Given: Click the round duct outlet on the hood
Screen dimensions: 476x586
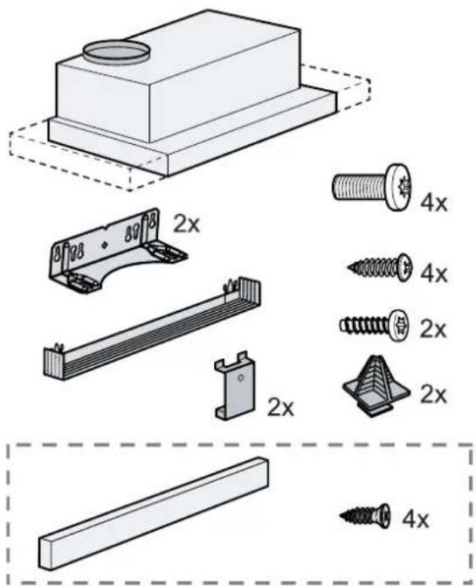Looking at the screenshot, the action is click(116, 52).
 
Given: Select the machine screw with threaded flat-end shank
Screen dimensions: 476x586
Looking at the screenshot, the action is click(371, 187).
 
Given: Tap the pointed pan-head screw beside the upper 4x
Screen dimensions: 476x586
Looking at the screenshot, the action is click(380, 267).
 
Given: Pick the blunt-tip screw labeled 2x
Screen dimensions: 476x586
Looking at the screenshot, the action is click(374, 324).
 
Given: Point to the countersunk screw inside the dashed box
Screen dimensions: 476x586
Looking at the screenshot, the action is click(365, 516).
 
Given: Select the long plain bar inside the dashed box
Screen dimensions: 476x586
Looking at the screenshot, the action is click(154, 514).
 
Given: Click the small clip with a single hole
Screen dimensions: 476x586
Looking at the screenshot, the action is click(235, 386).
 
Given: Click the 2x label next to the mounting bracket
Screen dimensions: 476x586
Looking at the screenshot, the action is click(186, 224).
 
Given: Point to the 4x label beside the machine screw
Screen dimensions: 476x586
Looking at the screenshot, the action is click(433, 203).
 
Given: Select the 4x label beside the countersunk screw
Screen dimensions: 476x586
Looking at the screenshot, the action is click(416, 519).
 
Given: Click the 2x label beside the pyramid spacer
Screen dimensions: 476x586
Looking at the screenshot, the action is click(433, 395).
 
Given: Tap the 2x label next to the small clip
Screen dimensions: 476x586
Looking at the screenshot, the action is click(280, 407).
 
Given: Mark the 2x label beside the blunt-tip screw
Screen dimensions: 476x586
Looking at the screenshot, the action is click(433, 329).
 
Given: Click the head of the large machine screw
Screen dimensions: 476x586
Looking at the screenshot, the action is click(398, 187).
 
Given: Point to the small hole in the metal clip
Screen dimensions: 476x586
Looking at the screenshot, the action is click(241, 377).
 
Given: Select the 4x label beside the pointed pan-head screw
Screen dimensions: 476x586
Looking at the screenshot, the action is click(433, 274).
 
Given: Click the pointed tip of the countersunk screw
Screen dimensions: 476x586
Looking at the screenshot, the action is click(340, 516).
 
